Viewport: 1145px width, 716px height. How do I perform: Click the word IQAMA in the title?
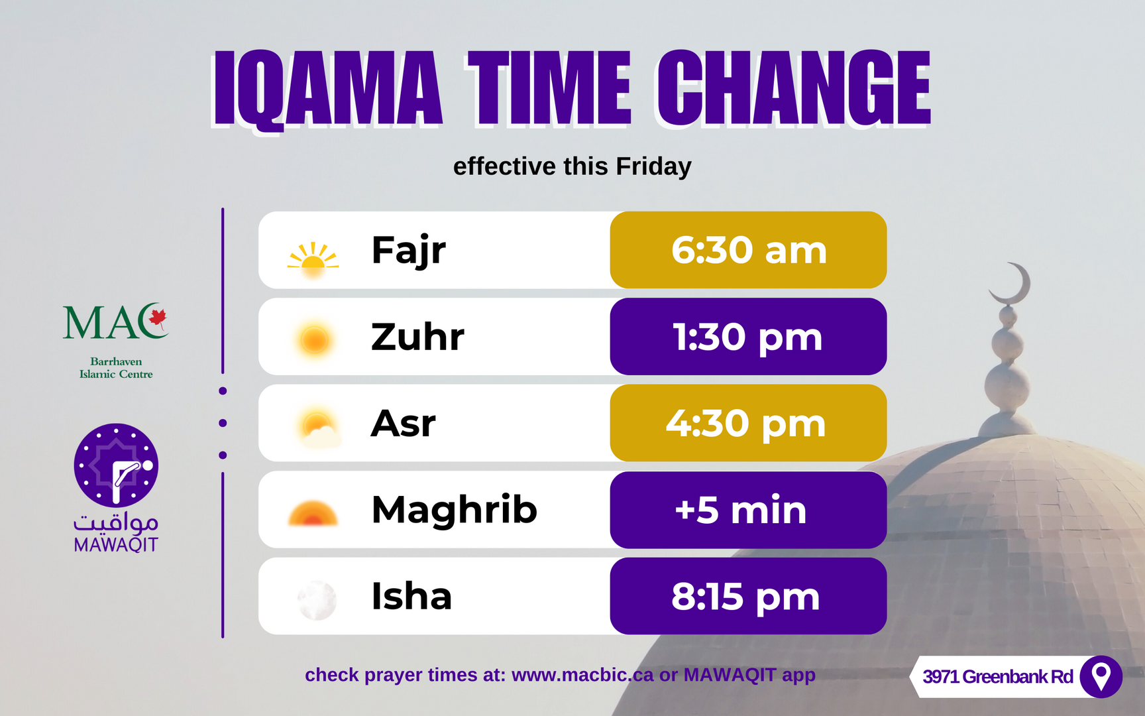click(327, 89)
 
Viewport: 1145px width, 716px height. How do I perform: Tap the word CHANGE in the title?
click(794, 88)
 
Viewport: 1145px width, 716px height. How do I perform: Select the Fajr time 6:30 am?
click(749, 251)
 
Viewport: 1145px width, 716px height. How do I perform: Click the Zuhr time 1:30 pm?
click(748, 337)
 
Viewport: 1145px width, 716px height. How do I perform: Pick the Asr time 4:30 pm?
click(746, 424)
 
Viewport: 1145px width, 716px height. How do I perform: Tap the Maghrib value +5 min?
click(741, 510)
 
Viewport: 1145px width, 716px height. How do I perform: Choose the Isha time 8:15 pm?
click(745, 597)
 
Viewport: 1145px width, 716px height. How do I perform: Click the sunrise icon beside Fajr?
click(313, 259)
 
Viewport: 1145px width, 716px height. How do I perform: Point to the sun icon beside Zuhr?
click(314, 340)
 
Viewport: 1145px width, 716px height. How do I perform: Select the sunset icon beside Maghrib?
click(313, 514)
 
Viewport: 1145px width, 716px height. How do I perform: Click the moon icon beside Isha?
click(317, 600)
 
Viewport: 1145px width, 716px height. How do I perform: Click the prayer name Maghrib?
click(455, 510)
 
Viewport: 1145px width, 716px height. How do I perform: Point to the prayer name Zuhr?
click(417, 337)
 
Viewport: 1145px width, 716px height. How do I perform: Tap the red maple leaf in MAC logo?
click(158, 318)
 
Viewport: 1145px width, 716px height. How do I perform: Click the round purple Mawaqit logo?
click(116, 465)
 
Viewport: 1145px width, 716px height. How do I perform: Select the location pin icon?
click(1101, 677)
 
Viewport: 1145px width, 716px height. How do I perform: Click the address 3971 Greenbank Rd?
click(998, 677)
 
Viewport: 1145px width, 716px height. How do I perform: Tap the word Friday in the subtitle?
click(653, 167)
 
